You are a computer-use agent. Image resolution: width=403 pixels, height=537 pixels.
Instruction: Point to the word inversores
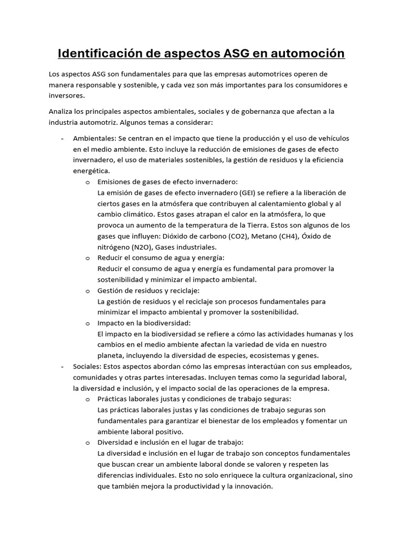point(66,96)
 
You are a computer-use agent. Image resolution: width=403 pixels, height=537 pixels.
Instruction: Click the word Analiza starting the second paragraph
point(61,112)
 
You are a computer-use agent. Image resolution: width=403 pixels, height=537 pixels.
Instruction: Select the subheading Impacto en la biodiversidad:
point(144,323)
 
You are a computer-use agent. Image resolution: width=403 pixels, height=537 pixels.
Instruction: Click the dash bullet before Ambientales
point(63,138)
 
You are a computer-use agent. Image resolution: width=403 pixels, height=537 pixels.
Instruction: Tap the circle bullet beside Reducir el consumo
point(87,258)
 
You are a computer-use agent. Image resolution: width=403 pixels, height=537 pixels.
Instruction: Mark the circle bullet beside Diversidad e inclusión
point(87,443)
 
